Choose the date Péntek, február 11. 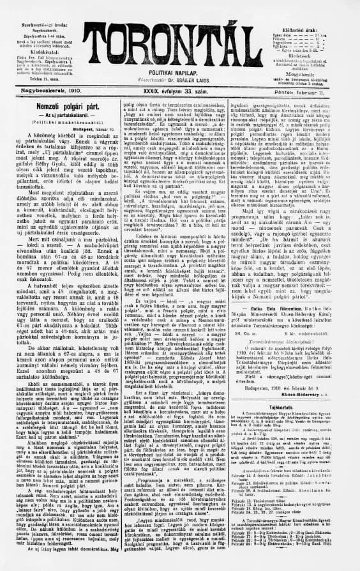(318, 91)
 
